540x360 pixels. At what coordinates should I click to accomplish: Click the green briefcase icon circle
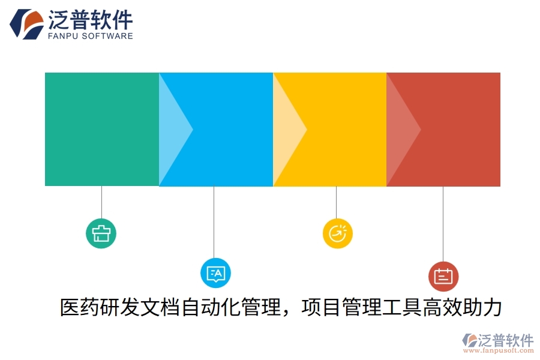101,233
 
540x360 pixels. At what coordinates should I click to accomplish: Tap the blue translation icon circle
215,274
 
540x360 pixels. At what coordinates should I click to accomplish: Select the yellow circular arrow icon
337,233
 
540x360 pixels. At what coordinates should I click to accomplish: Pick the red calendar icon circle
443,276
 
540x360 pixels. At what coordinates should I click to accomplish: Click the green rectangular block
101,129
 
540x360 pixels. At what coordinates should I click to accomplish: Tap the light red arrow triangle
400,128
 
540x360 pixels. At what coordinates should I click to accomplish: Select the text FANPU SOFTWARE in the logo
90,36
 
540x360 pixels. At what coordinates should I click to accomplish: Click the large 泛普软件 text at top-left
90,19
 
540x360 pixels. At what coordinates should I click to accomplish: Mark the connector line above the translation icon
214,222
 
